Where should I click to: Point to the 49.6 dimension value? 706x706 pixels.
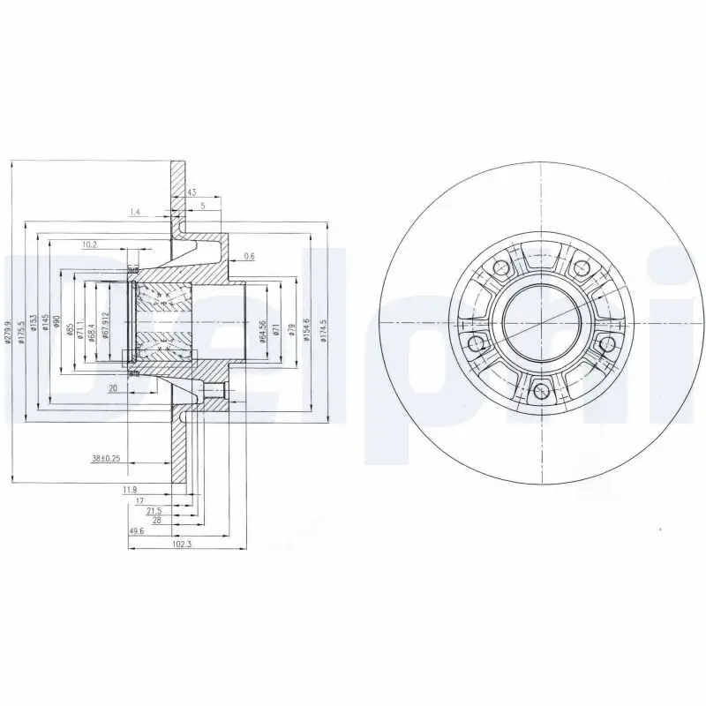(138, 531)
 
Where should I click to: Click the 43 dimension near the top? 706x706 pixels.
(192, 192)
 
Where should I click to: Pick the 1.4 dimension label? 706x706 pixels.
(135, 212)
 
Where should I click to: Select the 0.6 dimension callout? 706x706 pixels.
(249, 256)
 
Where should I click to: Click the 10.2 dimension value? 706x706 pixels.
(89, 244)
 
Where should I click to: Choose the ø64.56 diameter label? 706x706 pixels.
(263, 329)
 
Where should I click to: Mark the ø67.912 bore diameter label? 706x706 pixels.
(105, 326)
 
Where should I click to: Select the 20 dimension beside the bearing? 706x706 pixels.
(112, 387)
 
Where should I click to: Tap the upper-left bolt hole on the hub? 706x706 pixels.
(499, 266)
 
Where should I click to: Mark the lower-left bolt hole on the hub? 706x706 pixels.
(475, 343)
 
